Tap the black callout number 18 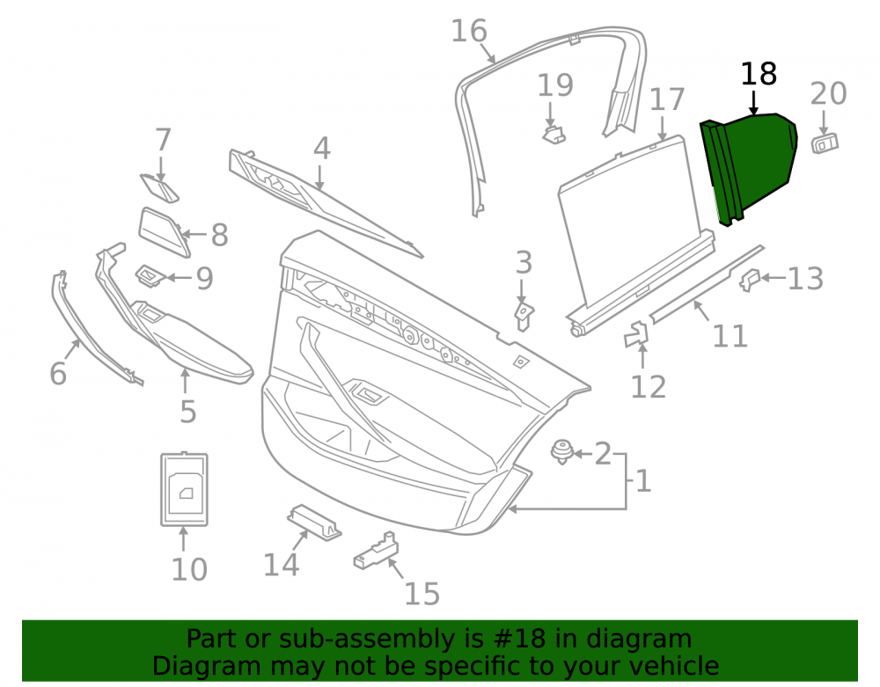(x=759, y=74)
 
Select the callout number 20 (x=828, y=93)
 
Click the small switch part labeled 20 (x=825, y=143)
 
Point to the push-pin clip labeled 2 (x=561, y=452)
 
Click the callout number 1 (x=643, y=481)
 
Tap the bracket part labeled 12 (x=636, y=335)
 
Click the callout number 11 (x=730, y=336)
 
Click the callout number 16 (x=469, y=31)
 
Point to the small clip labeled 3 (x=524, y=317)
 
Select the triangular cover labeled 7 (x=159, y=188)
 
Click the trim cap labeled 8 (x=164, y=232)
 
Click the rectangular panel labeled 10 (x=184, y=490)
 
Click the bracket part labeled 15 (x=376, y=551)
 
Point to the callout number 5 (x=188, y=412)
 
